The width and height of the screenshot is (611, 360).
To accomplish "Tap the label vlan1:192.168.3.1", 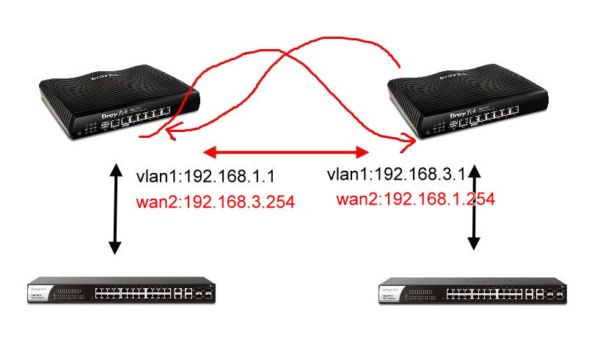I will tap(397, 176).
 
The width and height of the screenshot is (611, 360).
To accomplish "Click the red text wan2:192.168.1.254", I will tap(415, 198).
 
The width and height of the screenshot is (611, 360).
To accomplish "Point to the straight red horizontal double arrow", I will tap(286, 153).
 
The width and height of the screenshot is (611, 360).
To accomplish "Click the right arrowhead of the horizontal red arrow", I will tap(363, 153).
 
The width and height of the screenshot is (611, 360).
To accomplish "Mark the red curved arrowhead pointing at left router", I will tap(171, 132).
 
